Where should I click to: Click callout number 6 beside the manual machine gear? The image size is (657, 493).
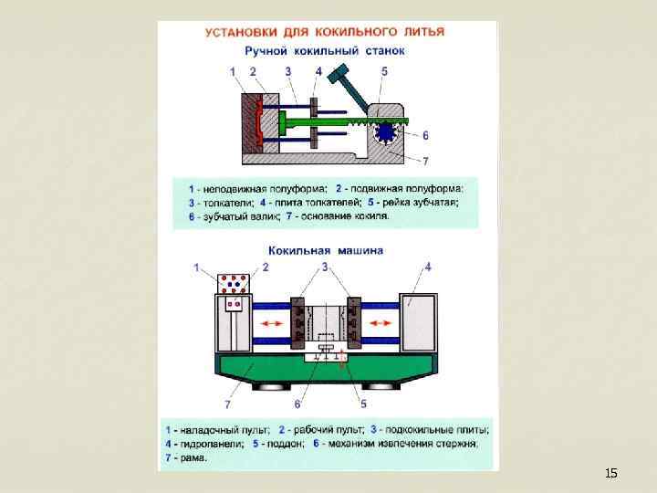(x=425, y=135)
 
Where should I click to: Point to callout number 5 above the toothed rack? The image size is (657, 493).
(x=384, y=70)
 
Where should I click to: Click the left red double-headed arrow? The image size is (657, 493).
(x=270, y=324)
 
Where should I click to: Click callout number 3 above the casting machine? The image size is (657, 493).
(x=325, y=267)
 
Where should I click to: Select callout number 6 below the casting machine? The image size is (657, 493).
(x=297, y=404)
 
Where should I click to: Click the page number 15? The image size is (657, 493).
(x=610, y=473)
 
